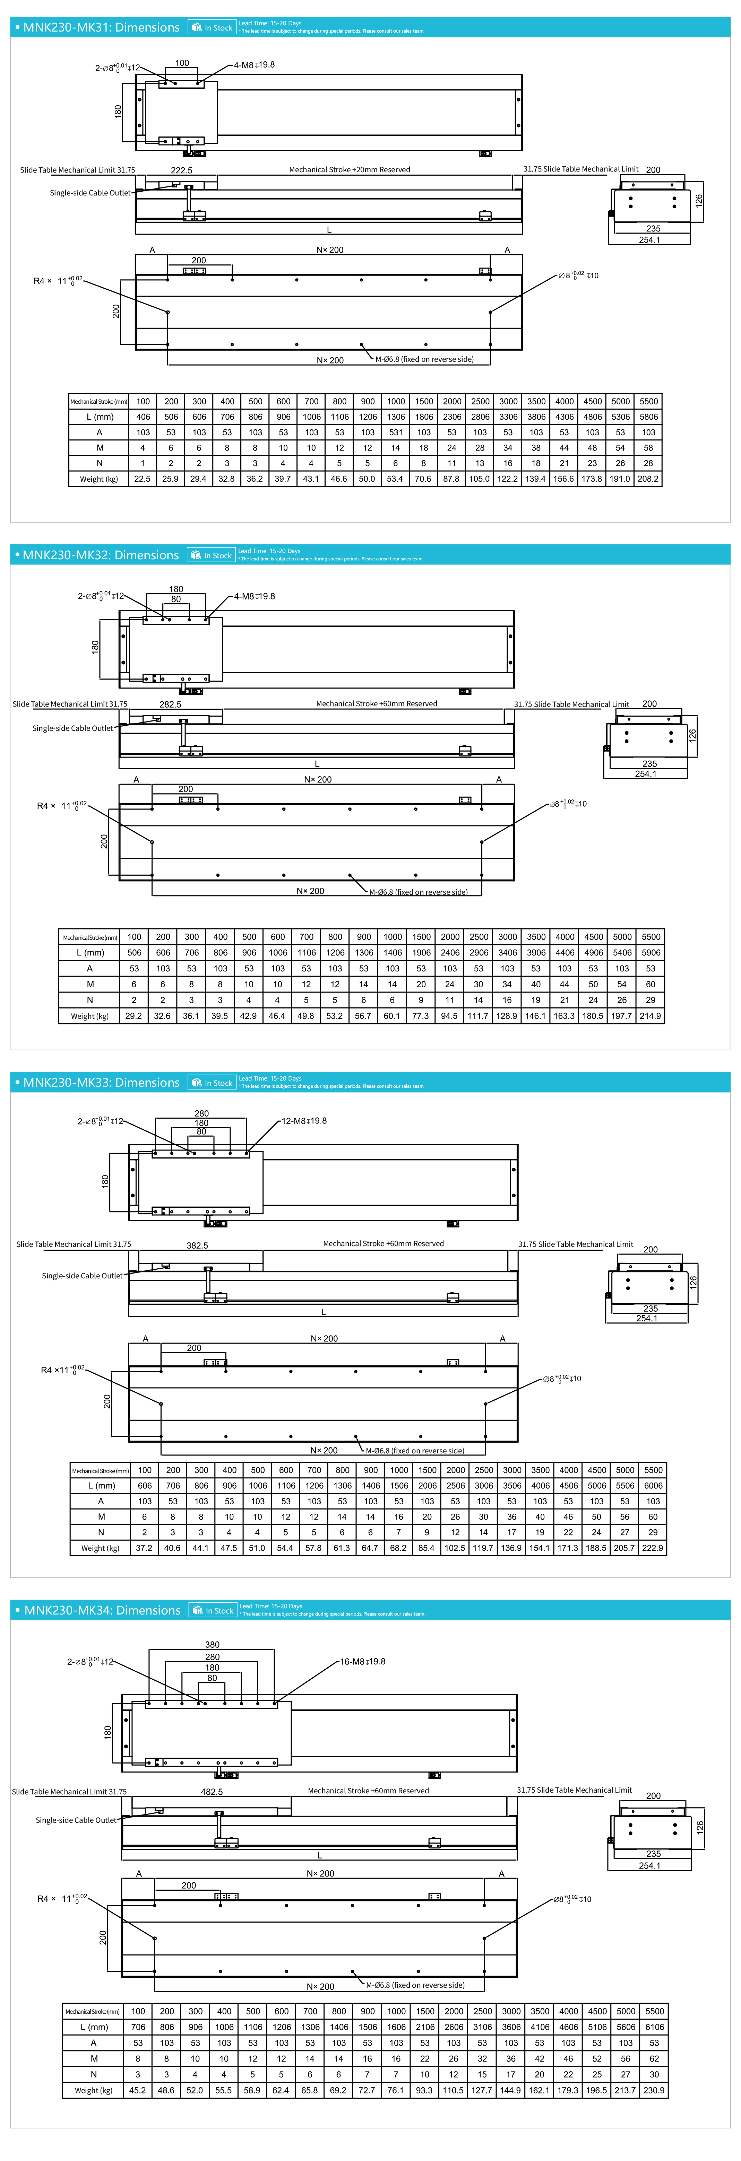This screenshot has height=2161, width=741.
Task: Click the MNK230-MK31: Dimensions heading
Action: [101, 28]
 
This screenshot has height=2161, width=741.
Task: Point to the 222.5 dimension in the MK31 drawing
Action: [181, 170]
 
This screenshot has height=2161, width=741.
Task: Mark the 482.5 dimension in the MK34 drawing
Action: [212, 1792]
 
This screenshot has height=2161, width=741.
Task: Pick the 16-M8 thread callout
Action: [363, 1662]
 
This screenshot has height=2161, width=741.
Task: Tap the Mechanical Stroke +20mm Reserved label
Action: [349, 169]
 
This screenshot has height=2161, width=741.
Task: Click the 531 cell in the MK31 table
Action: [396, 432]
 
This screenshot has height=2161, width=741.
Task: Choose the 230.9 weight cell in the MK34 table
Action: [654, 2091]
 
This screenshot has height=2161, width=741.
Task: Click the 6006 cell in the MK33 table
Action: [653, 1486]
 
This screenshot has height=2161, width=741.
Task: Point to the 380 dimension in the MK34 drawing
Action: [212, 1645]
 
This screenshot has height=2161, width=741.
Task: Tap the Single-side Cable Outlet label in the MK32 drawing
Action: [72, 728]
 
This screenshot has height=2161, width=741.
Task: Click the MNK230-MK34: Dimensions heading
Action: [102, 1611]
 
